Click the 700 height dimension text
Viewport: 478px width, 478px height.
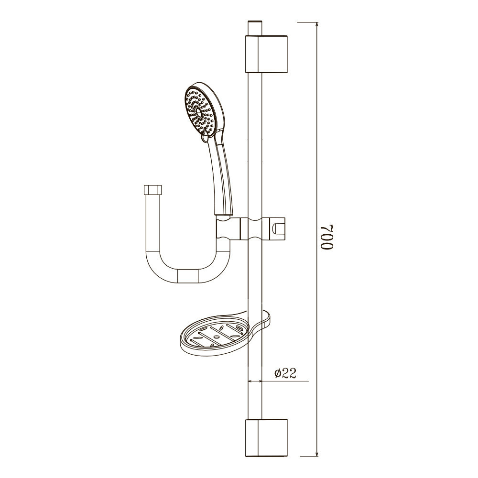click(x=327, y=238)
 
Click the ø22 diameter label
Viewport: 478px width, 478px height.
click(x=285, y=373)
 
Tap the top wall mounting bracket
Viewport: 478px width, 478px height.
click(x=266, y=54)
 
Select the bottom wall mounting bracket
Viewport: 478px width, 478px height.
click(x=266, y=438)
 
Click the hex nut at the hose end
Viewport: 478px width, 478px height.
click(x=153, y=190)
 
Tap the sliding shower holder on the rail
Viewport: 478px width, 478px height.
click(x=263, y=228)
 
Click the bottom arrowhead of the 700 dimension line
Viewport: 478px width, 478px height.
click(x=317, y=453)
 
